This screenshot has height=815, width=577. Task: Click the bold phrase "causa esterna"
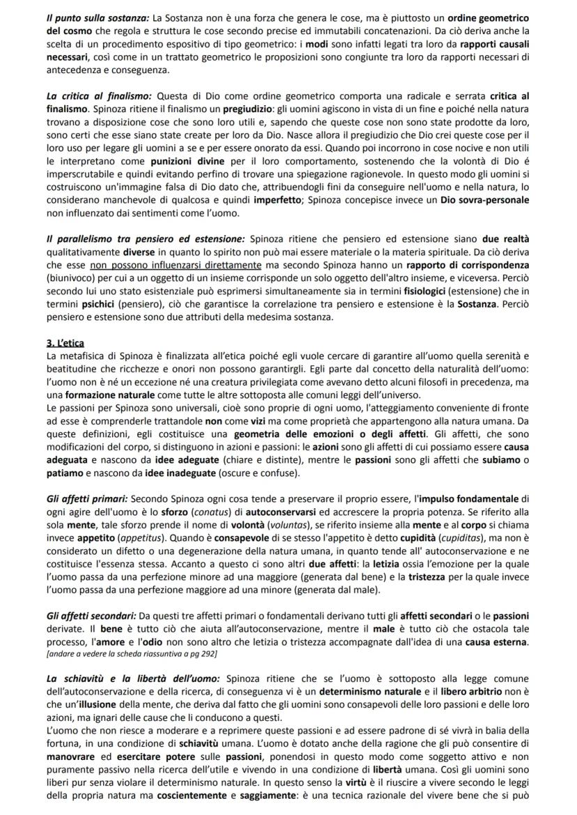pos(495,642)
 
